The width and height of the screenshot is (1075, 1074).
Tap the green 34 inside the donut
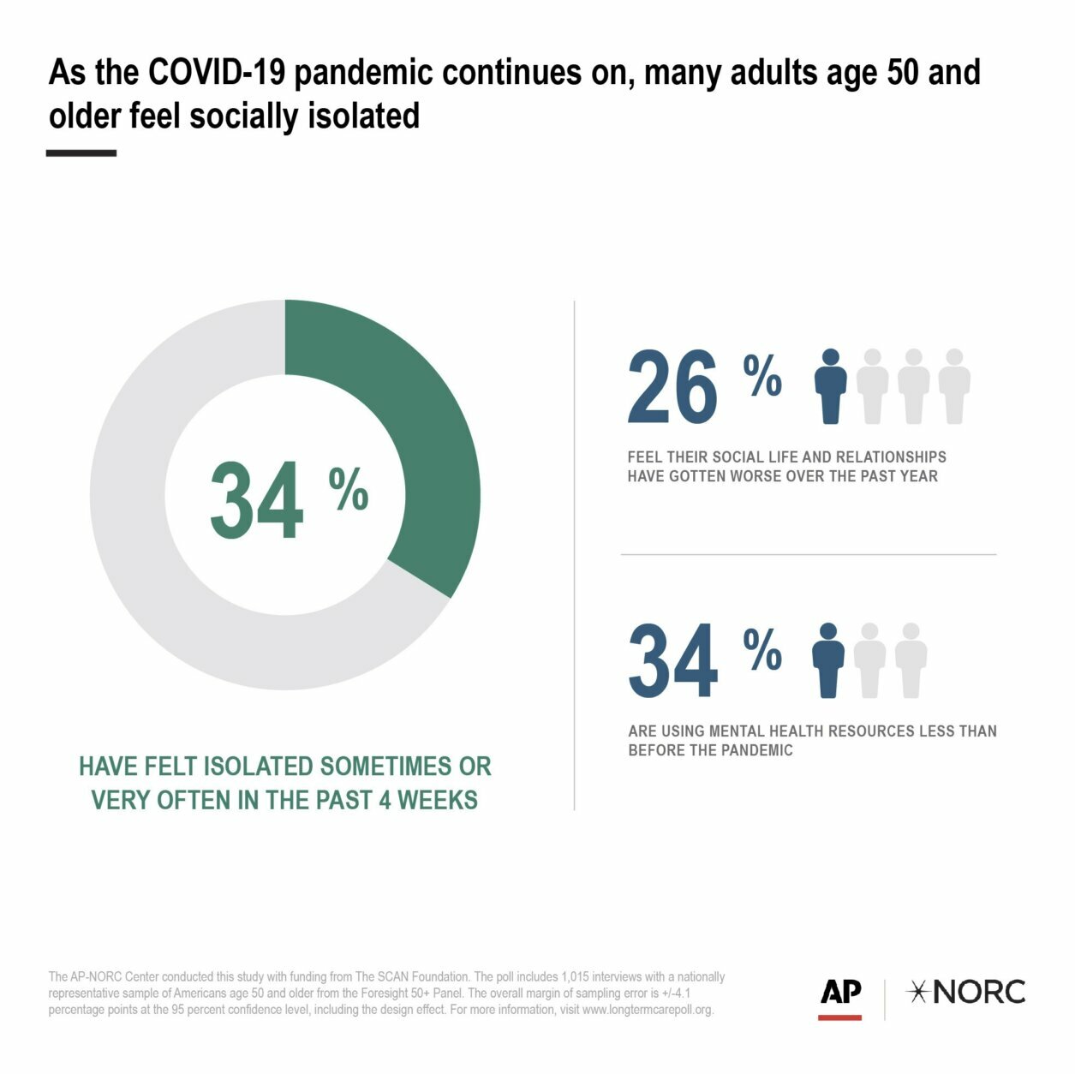point(256,501)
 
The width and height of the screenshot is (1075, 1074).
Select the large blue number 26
point(672,387)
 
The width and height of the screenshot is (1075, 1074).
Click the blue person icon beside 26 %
point(830,386)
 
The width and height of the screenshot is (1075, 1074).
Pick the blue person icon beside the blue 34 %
point(828,660)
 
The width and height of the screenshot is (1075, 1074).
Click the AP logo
point(840,992)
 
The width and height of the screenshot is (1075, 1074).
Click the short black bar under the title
point(81,153)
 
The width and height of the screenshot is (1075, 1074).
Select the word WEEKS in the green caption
point(437,800)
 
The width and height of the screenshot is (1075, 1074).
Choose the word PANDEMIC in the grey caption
point(754,750)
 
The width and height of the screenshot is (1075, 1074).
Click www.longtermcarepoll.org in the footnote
point(647,1010)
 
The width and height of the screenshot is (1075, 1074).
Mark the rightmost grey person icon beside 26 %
point(954,386)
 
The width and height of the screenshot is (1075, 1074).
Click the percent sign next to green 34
point(349,490)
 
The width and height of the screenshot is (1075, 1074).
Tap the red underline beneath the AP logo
point(839,1017)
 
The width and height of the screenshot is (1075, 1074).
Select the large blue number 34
point(673,661)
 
